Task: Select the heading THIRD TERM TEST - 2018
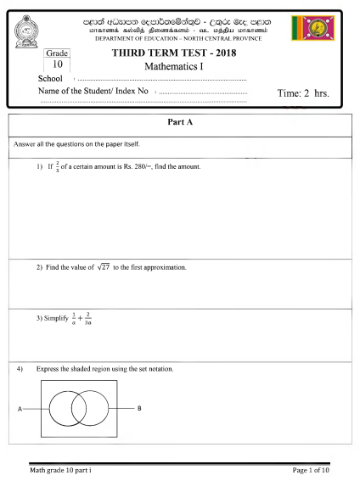click(174, 53)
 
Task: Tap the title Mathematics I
click(174, 65)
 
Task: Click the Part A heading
click(179, 122)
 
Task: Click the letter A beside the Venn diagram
click(20, 409)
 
